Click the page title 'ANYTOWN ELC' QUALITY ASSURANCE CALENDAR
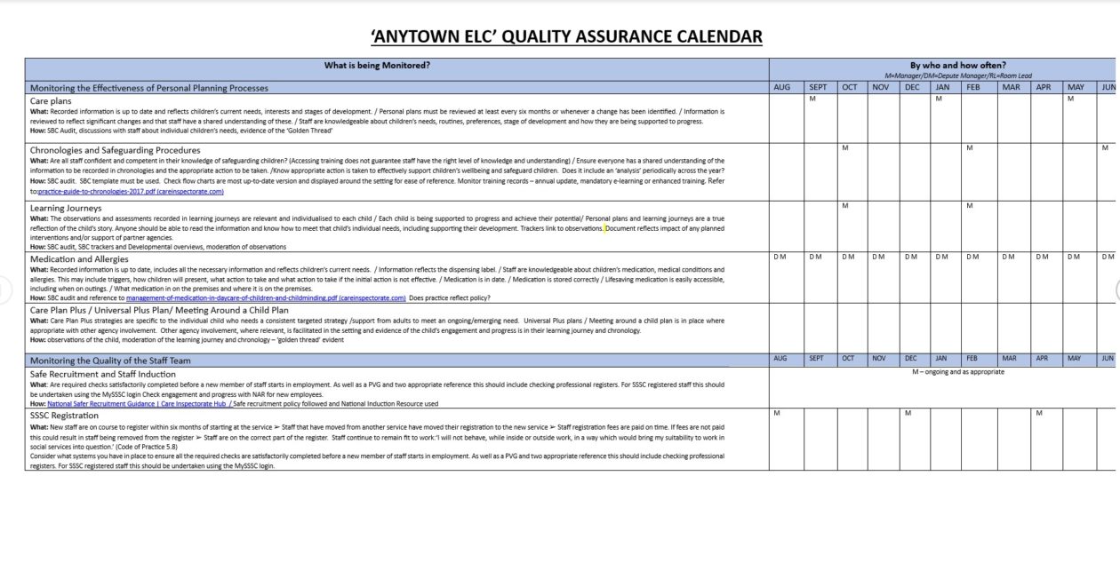(566, 36)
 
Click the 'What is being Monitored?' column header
(377, 65)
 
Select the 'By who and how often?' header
(957, 65)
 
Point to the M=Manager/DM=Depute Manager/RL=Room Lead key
(958, 75)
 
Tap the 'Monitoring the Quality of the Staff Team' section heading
(110, 361)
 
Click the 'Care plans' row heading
(52, 100)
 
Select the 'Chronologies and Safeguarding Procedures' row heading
(115, 150)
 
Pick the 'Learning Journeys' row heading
(66, 208)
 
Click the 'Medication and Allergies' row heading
(79, 258)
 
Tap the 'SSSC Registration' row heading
(64, 415)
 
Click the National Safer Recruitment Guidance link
(138, 403)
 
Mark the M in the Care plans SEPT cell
(812, 99)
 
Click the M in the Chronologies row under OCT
(845, 147)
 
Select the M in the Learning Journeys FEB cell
(970, 206)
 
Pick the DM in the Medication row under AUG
(780, 257)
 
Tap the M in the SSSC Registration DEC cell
(908, 413)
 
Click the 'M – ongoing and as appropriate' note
(957, 372)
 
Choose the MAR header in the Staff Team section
(1010, 359)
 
